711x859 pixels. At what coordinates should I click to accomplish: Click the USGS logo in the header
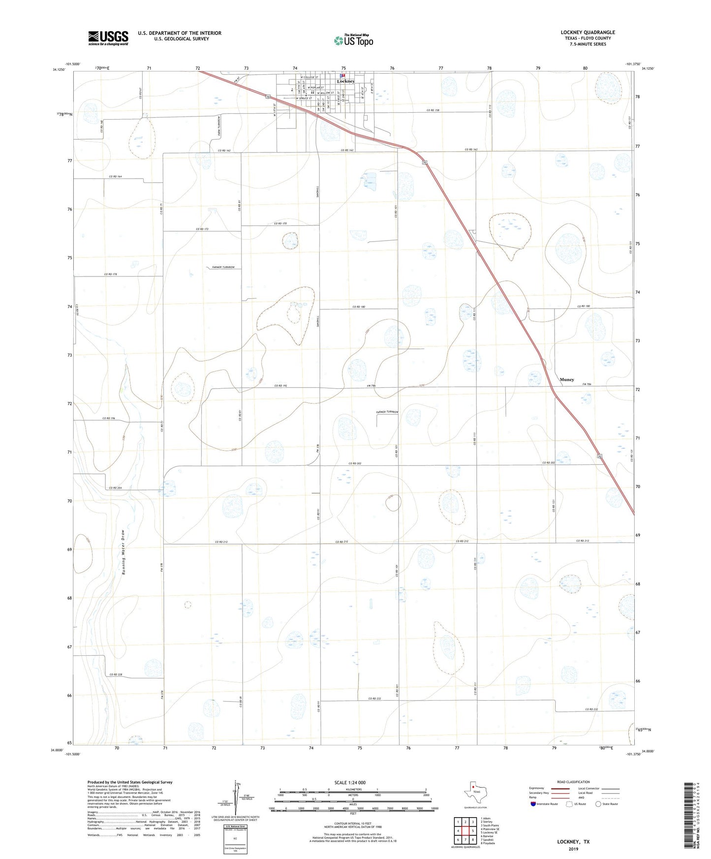click(x=108, y=37)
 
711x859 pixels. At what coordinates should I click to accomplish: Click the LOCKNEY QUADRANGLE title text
click(x=587, y=32)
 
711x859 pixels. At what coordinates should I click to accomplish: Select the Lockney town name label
click(x=346, y=81)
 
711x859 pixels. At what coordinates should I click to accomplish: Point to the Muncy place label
click(x=567, y=379)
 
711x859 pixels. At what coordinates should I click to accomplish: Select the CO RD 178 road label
click(x=111, y=274)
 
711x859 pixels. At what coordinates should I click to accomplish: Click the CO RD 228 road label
click(x=116, y=675)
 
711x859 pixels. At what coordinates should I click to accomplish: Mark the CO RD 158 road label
click(x=433, y=110)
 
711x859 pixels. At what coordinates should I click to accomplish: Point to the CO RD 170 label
click(x=280, y=224)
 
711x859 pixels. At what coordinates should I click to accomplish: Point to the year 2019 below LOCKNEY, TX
click(x=573, y=849)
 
